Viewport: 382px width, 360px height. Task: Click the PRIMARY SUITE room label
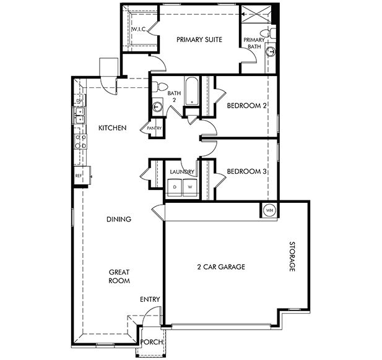199,40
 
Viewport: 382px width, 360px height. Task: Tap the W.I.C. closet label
137,30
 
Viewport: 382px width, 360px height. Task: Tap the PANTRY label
154,129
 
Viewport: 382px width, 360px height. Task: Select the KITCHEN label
113,128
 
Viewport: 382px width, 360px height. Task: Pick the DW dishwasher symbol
79,101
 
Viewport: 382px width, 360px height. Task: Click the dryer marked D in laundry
175,186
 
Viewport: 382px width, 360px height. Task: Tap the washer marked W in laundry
190,186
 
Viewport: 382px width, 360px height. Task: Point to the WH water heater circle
269,210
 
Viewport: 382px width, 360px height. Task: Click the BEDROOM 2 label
246,106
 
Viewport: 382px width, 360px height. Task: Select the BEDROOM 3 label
246,171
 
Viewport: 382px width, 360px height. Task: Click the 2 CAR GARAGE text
221,267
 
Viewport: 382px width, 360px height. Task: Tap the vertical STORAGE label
291,257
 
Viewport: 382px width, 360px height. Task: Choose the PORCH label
152,342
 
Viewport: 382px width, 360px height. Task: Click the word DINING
118,219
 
